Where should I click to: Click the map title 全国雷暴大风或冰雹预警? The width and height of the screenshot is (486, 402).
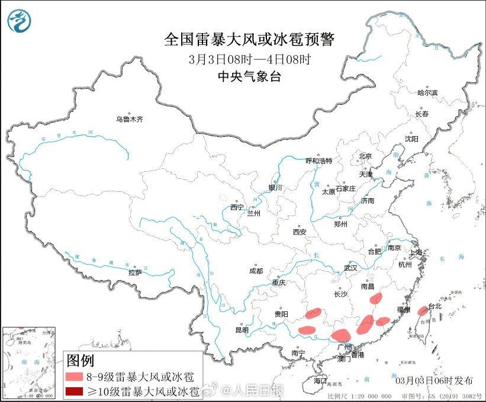pyautogui.click(x=249, y=40)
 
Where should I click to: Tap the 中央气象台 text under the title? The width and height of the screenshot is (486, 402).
pyautogui.click(x=249, y=75)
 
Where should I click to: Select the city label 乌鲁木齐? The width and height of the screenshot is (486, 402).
pyautogui.click(x=130, y=119)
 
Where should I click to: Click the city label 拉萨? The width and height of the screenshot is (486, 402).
pyautogui.click(x=135, y=272)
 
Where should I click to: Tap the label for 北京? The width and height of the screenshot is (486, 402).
pyautogui.click(x=365, y=156)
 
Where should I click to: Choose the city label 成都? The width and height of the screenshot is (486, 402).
pyautogui.click(x=256, y=272)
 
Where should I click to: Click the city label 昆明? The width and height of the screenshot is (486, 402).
pyautogui.click(x=242, y=329)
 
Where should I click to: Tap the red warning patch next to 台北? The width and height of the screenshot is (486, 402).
pyautogui.click(x=423, y=311)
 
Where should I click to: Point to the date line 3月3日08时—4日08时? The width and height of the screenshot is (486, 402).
pyautogui.click(x=249, y=59)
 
